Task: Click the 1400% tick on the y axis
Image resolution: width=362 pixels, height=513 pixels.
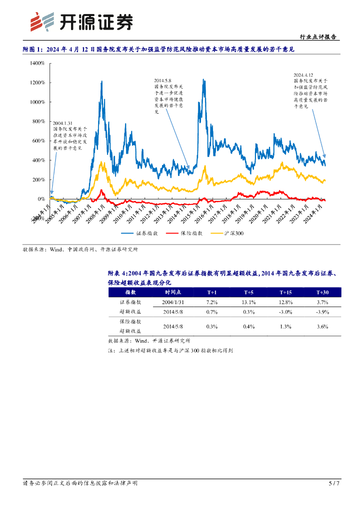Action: click(x=37, y=64)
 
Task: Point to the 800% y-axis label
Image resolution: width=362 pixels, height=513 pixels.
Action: click(x=38, y=121)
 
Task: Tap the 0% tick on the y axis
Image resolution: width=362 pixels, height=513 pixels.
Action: click(x=41, y=199)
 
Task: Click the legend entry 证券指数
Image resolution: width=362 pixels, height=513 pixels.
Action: click(x=141, y=233)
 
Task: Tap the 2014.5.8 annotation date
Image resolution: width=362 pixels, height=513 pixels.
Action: click(x=162, y=80)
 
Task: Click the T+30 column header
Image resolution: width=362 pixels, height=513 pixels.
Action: click(x=322, y=292)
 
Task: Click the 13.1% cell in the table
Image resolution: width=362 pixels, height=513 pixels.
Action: click(x=249, y=303)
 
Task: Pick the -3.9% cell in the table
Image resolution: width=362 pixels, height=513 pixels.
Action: click(x=322, y=312)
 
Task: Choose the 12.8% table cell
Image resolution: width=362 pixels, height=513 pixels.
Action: click(x=285, y=303)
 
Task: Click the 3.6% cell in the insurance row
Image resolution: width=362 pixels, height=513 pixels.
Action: click(x=322, y=327)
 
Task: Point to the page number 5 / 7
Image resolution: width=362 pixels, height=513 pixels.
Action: click(x=333, y=483)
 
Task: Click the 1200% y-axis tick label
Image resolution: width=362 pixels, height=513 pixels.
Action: click(x=37, y=83)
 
